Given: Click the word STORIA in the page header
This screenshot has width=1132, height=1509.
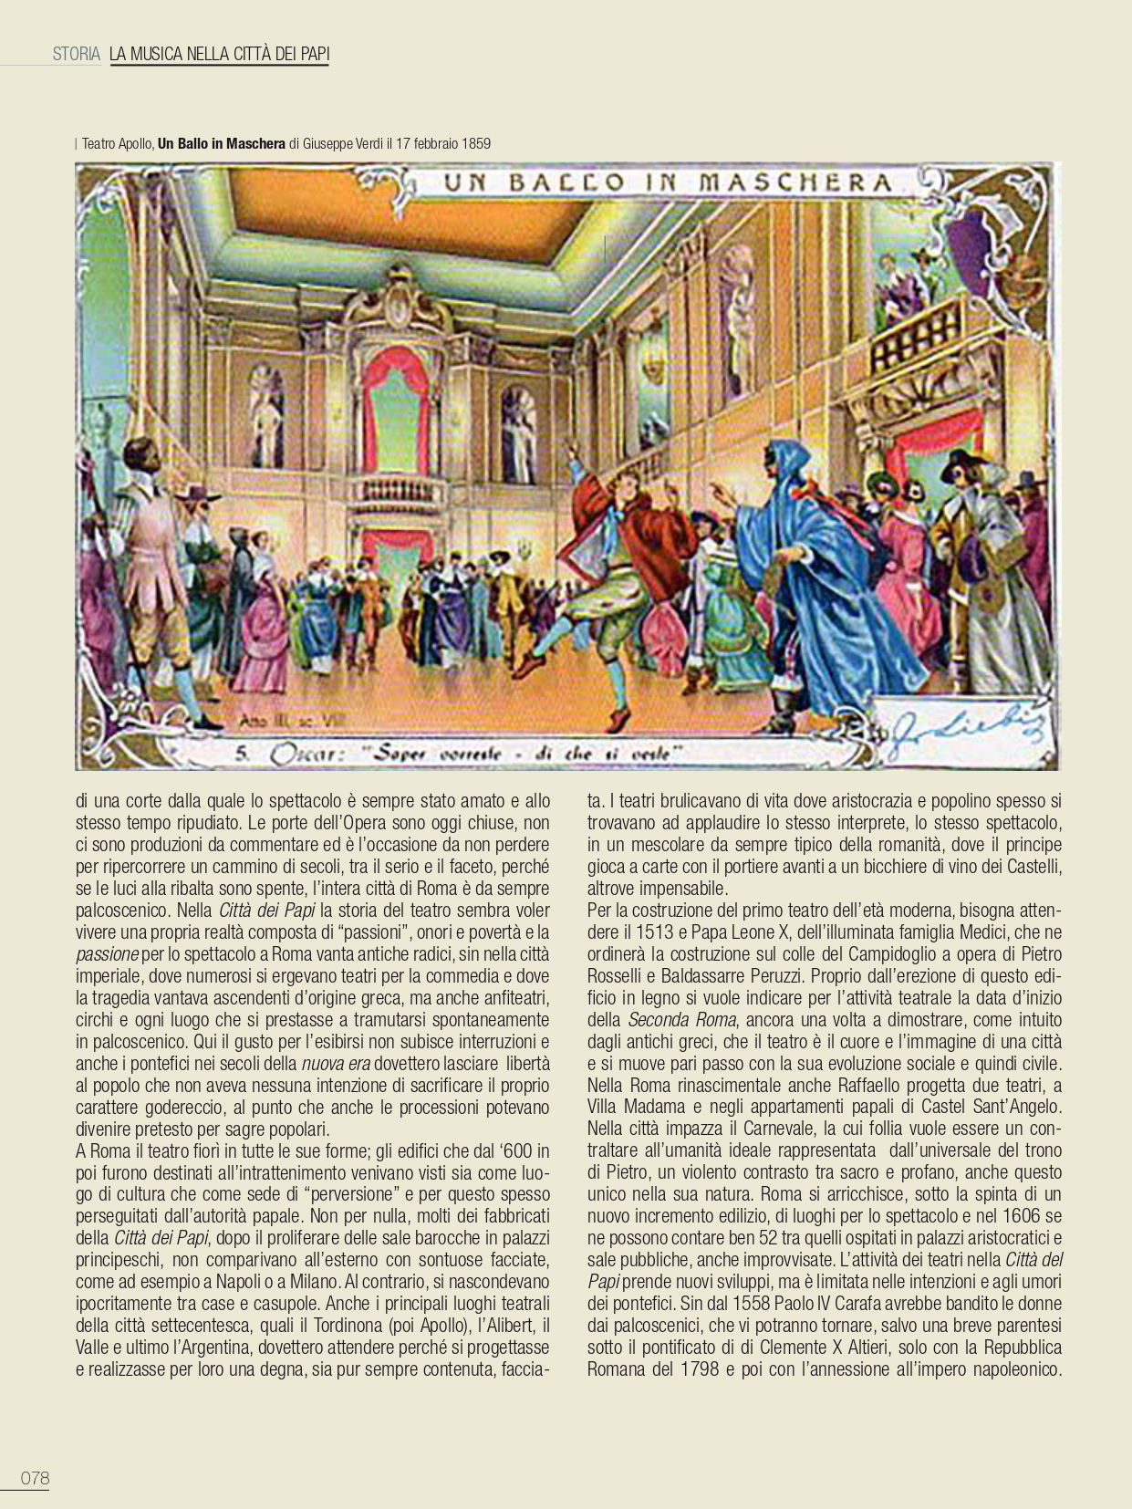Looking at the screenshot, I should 76,54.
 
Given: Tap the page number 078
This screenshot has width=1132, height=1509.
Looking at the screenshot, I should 35,1479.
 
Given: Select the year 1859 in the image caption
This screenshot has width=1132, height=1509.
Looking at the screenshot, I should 474,143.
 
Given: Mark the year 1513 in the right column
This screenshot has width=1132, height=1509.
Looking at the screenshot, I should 677,932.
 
